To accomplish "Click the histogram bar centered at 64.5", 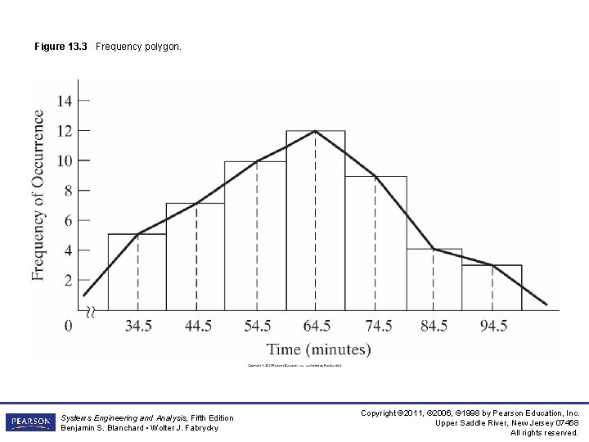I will pos(315,221).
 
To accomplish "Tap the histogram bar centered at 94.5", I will pos(492,287).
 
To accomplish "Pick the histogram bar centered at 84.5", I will pos(434,279).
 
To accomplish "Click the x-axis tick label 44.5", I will pos(198,326).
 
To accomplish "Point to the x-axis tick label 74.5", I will pos(378,326).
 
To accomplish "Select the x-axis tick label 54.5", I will pos(258,326).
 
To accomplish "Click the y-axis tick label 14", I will pos(64,101).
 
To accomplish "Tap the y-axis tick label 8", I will pos(68,190).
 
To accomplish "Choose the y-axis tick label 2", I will pos(68,280).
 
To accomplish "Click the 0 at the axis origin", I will pos(68,326).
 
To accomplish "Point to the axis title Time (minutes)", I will pos(318,350).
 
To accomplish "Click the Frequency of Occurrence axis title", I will pos(38,195).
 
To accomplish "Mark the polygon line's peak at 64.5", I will pos(315,131).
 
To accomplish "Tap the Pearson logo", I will pos(29,422).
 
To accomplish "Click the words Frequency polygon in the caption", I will pos(138,47).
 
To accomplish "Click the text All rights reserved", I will pos(545,433).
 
